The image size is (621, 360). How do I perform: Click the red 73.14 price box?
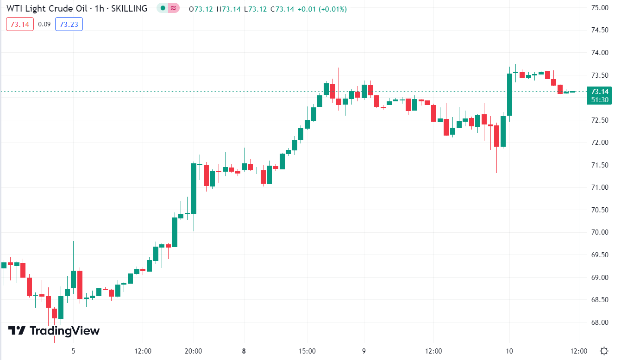coord(20,24)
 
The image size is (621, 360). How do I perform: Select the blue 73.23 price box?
coord(69,24)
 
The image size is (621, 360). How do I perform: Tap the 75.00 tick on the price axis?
coord(600,8)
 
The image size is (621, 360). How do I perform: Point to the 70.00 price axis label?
coord(600,232)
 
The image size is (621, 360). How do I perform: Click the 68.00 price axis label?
coord(600,322)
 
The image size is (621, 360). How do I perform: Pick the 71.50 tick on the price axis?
coord(600,165)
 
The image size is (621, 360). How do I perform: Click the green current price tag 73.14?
coord(600,91)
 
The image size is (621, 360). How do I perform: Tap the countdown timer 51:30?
coord(600,99)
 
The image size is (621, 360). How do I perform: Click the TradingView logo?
coord(54,330)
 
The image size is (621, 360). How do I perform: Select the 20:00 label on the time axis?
coord(193,351)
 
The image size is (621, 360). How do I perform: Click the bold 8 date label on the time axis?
coord(244,351)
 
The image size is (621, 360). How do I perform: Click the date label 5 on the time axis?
coord(73,351)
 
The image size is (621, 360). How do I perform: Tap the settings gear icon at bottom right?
coord(604,350)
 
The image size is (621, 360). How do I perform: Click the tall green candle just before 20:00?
coord(194,188)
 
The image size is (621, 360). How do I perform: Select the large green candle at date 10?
coord(510,94)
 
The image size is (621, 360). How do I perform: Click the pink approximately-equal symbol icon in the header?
coord(174,8)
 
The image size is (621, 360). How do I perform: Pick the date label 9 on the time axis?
coord(364,351)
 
